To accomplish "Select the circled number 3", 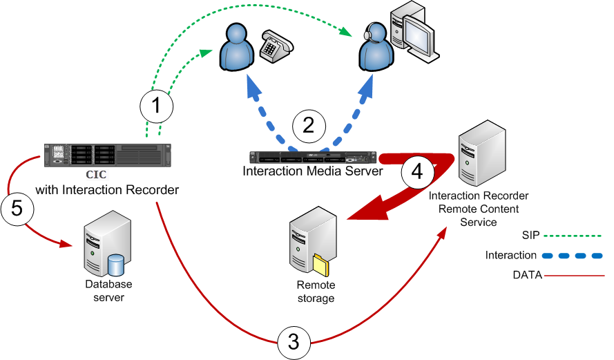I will tap(294, 341).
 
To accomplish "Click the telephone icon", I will tap(276, 46).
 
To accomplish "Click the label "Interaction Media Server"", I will tap(313, 171).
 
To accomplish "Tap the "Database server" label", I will tap(108, 290).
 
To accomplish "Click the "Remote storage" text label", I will tap(316, 292).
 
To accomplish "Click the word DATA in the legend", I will tap(527, 276).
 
